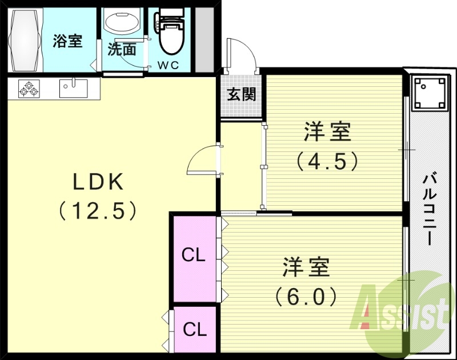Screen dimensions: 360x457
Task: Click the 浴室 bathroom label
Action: (68, 41)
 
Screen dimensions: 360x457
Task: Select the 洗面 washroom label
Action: (122, 50)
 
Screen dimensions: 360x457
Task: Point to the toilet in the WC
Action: (170, 34)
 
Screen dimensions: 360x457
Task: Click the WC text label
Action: (169, 65)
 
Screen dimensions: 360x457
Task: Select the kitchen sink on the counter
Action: (73, 88)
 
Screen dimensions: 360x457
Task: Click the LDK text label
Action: (98, 182)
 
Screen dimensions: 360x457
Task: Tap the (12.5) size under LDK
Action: (98, 211)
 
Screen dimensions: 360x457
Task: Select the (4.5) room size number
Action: (327, 161)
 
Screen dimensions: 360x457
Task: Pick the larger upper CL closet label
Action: (194, 255)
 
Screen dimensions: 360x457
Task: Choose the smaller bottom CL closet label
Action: (194, 330)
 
